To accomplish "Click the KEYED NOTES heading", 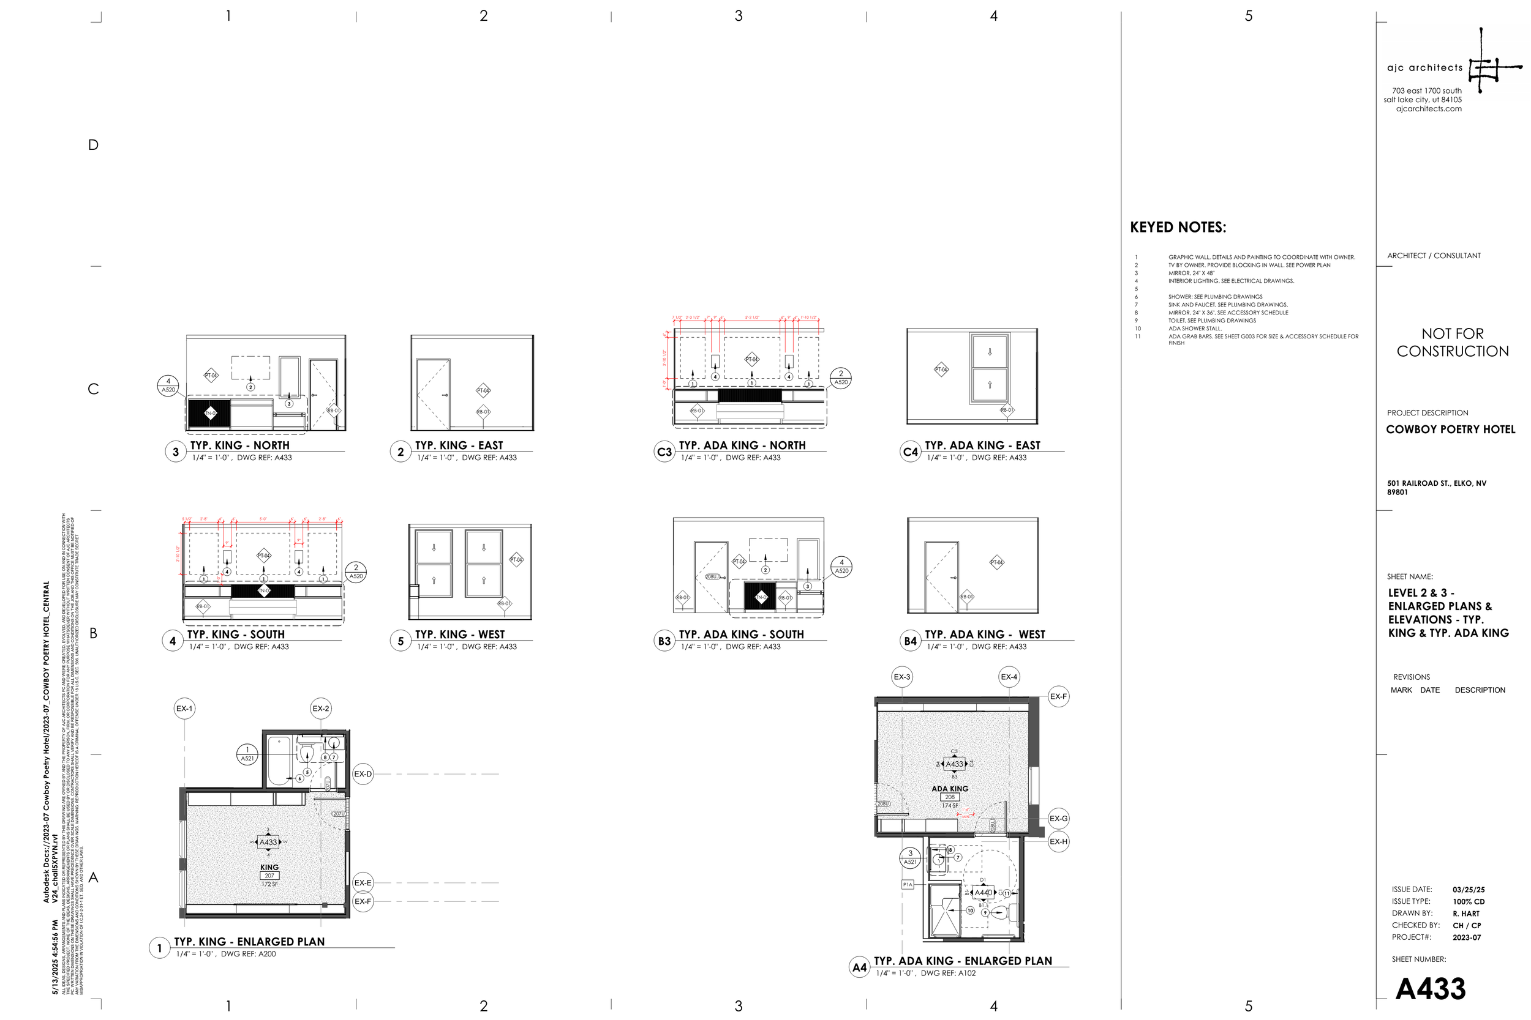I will (x=1178, y=228).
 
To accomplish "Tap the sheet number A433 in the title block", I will (x=1430, y=989).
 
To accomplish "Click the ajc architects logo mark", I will (x=1491, y=65).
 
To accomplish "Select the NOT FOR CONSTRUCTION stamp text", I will (x=1452, y=342).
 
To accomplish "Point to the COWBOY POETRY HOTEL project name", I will (x=1450, y=430).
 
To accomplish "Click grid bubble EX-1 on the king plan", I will (x=184, y=709).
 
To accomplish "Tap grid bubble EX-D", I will (x=363, y=774).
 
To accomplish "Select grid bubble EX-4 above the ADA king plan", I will (x=1009, y=677).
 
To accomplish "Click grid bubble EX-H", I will (x=1058, y=841).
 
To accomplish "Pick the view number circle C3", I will (x=664, y=452).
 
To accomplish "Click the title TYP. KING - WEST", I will (x=459, y=635).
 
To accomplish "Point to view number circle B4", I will (x=910, y=641).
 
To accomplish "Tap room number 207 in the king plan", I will (x=269, y=876).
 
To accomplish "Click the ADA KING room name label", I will (x=950, y=789).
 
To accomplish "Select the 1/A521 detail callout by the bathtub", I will (x=247, y=754).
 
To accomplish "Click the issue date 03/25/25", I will (x=1469, y=890).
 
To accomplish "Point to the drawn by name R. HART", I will (x=1466, y=914).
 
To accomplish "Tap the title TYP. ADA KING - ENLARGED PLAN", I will (x=962, y=961).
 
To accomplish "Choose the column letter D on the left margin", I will (x=93, y=145).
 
